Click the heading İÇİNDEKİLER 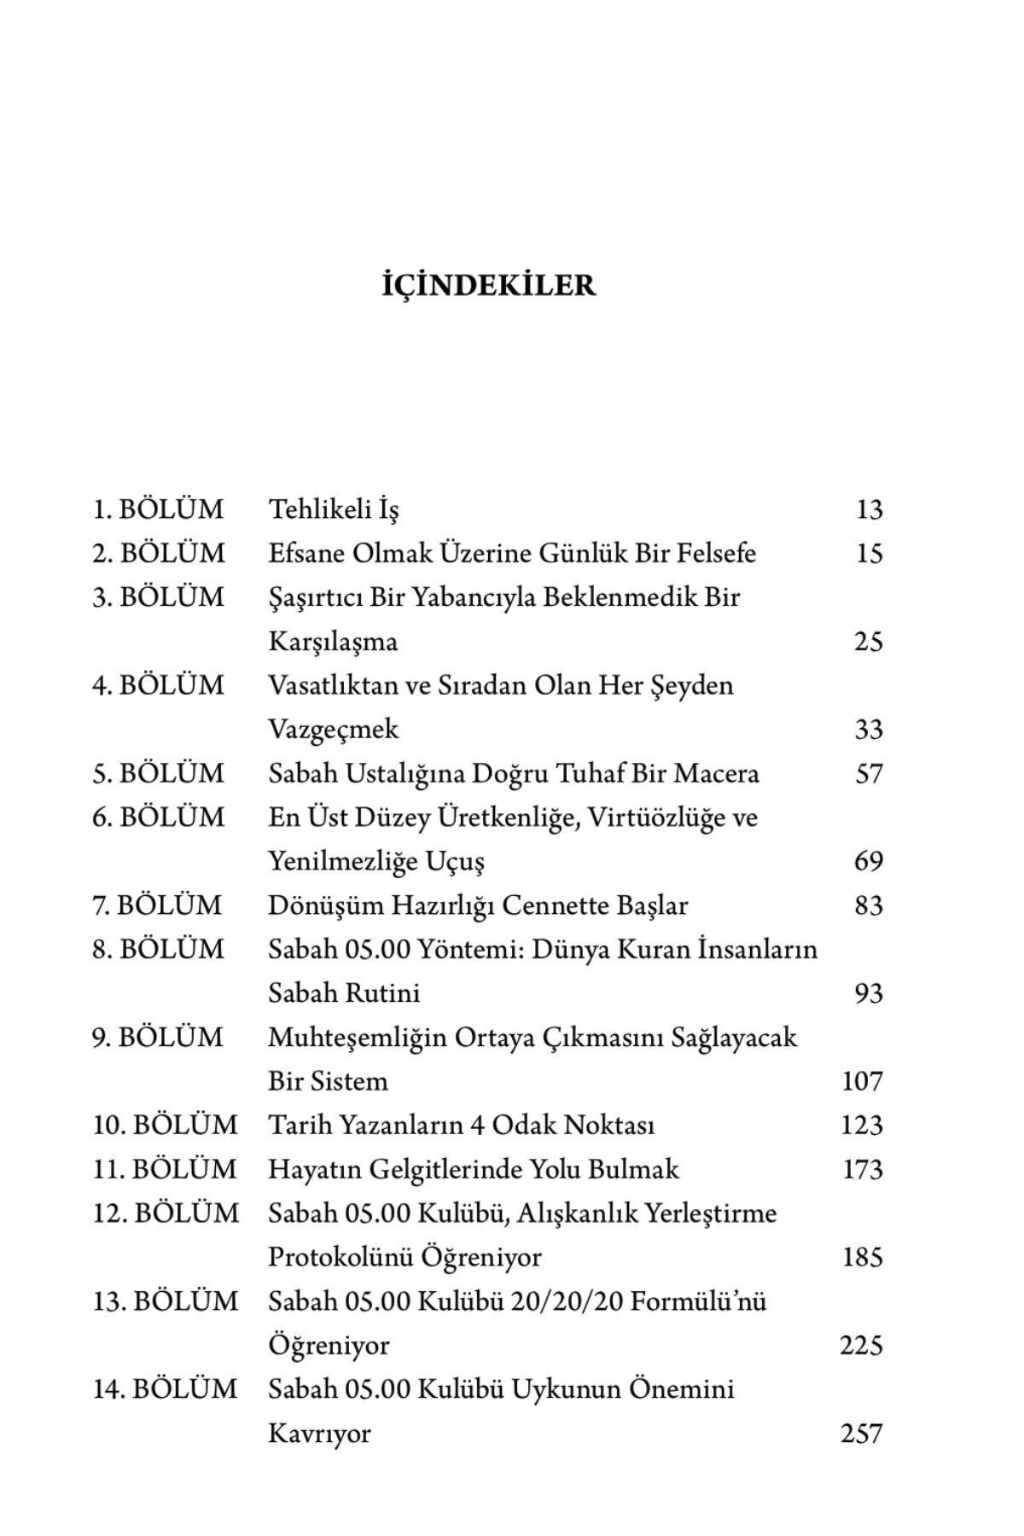[488, 285]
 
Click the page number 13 [869, 509]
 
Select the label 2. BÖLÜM [159, 554]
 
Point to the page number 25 [868, 642]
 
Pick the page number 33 [868, 730]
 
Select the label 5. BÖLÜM [158, 774]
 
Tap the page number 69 [868, 862]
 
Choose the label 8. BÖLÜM [158, 950]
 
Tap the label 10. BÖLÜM [165, 1126]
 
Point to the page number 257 [861, 1434]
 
